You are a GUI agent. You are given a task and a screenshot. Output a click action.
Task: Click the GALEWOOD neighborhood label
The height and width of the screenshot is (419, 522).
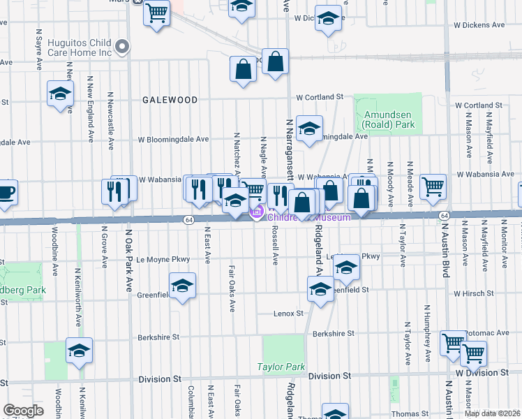click(170, 100)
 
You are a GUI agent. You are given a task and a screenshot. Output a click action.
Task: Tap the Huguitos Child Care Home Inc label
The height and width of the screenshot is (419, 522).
click(80, 47)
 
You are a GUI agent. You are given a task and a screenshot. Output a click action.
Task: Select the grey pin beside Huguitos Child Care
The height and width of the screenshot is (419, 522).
click(124, 47)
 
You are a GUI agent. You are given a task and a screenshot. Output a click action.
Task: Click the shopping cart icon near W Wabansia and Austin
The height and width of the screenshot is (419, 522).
click(433, 186)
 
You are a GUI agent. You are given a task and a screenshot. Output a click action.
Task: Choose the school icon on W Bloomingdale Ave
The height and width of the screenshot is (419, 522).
click(309, 128)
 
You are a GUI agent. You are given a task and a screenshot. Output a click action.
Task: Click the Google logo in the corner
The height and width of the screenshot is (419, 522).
click(24, 411)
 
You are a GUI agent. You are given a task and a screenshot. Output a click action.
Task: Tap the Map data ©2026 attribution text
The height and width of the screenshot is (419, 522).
click(492, 413)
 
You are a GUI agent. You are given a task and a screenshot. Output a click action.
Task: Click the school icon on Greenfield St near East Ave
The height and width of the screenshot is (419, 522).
click(182, 286)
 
